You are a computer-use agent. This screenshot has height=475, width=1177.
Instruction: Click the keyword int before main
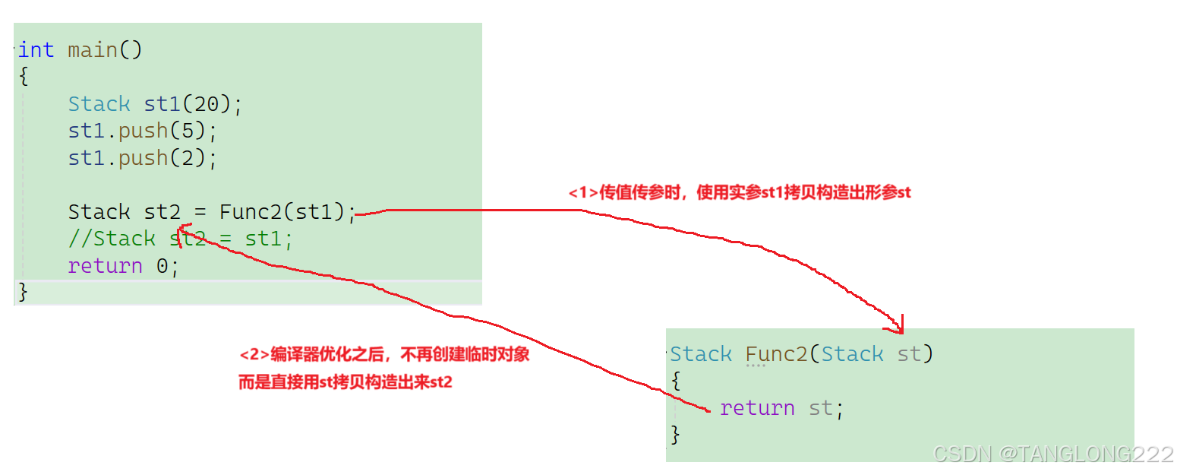point(36,50)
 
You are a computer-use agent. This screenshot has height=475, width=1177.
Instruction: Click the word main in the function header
point(92,50)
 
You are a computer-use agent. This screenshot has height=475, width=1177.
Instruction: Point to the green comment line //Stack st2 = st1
point(180,239)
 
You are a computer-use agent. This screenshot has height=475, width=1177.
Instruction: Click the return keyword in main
point(105,266)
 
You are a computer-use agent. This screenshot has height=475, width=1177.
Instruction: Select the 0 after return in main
point(162,266)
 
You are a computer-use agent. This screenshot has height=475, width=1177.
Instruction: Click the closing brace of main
point(23,292)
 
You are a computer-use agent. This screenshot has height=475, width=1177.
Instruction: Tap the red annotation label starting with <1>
point(740,193)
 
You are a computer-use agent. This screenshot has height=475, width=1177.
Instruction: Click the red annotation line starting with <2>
point(384,355)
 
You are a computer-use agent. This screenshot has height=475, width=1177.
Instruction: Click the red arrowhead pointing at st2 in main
point(182,231)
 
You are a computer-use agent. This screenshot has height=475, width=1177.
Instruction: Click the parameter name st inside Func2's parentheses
point(909,354)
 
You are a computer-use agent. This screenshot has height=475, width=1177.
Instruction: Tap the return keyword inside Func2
point(757,408)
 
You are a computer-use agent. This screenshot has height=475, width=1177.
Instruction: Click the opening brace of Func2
point(677,380)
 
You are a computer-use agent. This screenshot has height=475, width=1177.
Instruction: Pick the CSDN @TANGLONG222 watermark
point(1052,454)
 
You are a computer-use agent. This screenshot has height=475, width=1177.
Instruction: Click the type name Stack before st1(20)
point(99,104)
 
